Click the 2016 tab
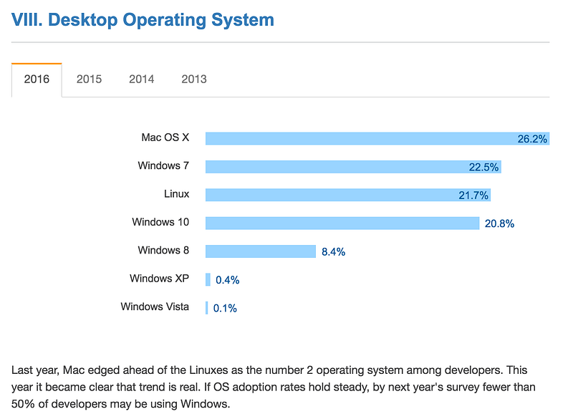point(37,80)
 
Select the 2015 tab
point(89,80)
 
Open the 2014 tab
point(141,80)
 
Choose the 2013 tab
point(194,80)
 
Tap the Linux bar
point(348,195)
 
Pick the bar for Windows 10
point(342,223)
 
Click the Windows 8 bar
point(261,251)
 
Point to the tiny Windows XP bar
point(208,280)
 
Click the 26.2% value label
point(532,139)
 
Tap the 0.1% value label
point(225,309)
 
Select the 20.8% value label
point(499,223)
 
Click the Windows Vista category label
point(155,307)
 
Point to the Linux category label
point(176,194)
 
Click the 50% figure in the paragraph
point(24,404)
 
